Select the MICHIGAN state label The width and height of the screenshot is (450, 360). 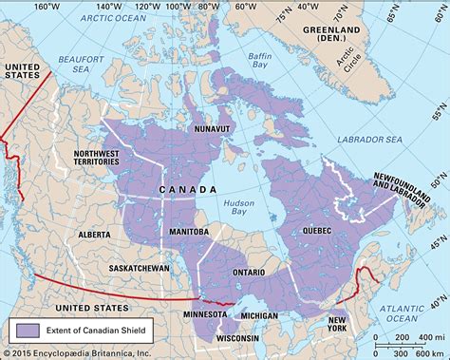[257, 313]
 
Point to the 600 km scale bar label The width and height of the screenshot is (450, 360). [416, 342]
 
